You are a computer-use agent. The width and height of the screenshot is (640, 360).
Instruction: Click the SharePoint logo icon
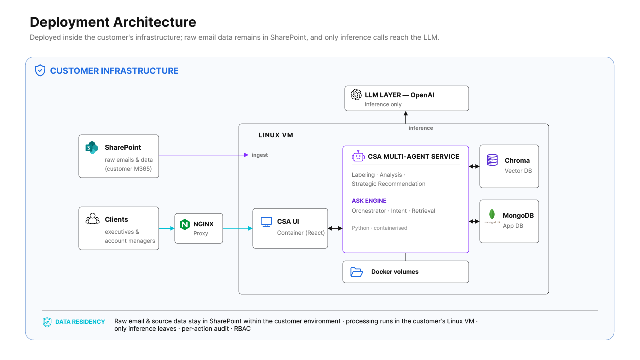coord(92,147)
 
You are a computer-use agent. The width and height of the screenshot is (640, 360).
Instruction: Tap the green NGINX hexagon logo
coord(185,224)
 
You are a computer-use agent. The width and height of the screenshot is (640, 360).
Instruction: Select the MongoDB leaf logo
coord(492,214)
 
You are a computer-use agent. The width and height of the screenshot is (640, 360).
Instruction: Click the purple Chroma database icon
coord(492,160)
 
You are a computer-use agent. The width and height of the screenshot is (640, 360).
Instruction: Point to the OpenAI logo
coord(356,95)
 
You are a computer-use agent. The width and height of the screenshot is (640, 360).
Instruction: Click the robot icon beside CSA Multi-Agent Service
coord(358,156)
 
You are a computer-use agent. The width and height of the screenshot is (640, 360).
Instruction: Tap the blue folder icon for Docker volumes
coord(357,272)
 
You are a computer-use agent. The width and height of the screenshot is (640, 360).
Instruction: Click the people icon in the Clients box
coord(92,219)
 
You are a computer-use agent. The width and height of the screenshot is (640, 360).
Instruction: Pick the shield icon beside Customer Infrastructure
coord(40,70)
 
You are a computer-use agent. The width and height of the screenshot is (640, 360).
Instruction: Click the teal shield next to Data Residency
coord(47,322)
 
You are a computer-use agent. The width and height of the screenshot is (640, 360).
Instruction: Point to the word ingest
coord(259,155)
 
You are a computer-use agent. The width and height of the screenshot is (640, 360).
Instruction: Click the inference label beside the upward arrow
coord(421,128)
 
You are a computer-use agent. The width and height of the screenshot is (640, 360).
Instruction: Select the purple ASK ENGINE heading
coord(369,201)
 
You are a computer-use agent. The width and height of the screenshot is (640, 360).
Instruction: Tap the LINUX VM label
coord(276,135)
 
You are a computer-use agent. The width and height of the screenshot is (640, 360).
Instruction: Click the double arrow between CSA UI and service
coord(335,228)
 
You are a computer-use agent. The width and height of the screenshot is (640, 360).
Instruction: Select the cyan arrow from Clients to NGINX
coord(167,228)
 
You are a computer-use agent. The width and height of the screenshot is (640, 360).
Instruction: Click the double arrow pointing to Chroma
coord(474,166)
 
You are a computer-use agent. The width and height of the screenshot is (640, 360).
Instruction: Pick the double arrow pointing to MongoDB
coord(474,221)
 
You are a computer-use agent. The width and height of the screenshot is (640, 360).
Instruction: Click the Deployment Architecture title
coord(113,22)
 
